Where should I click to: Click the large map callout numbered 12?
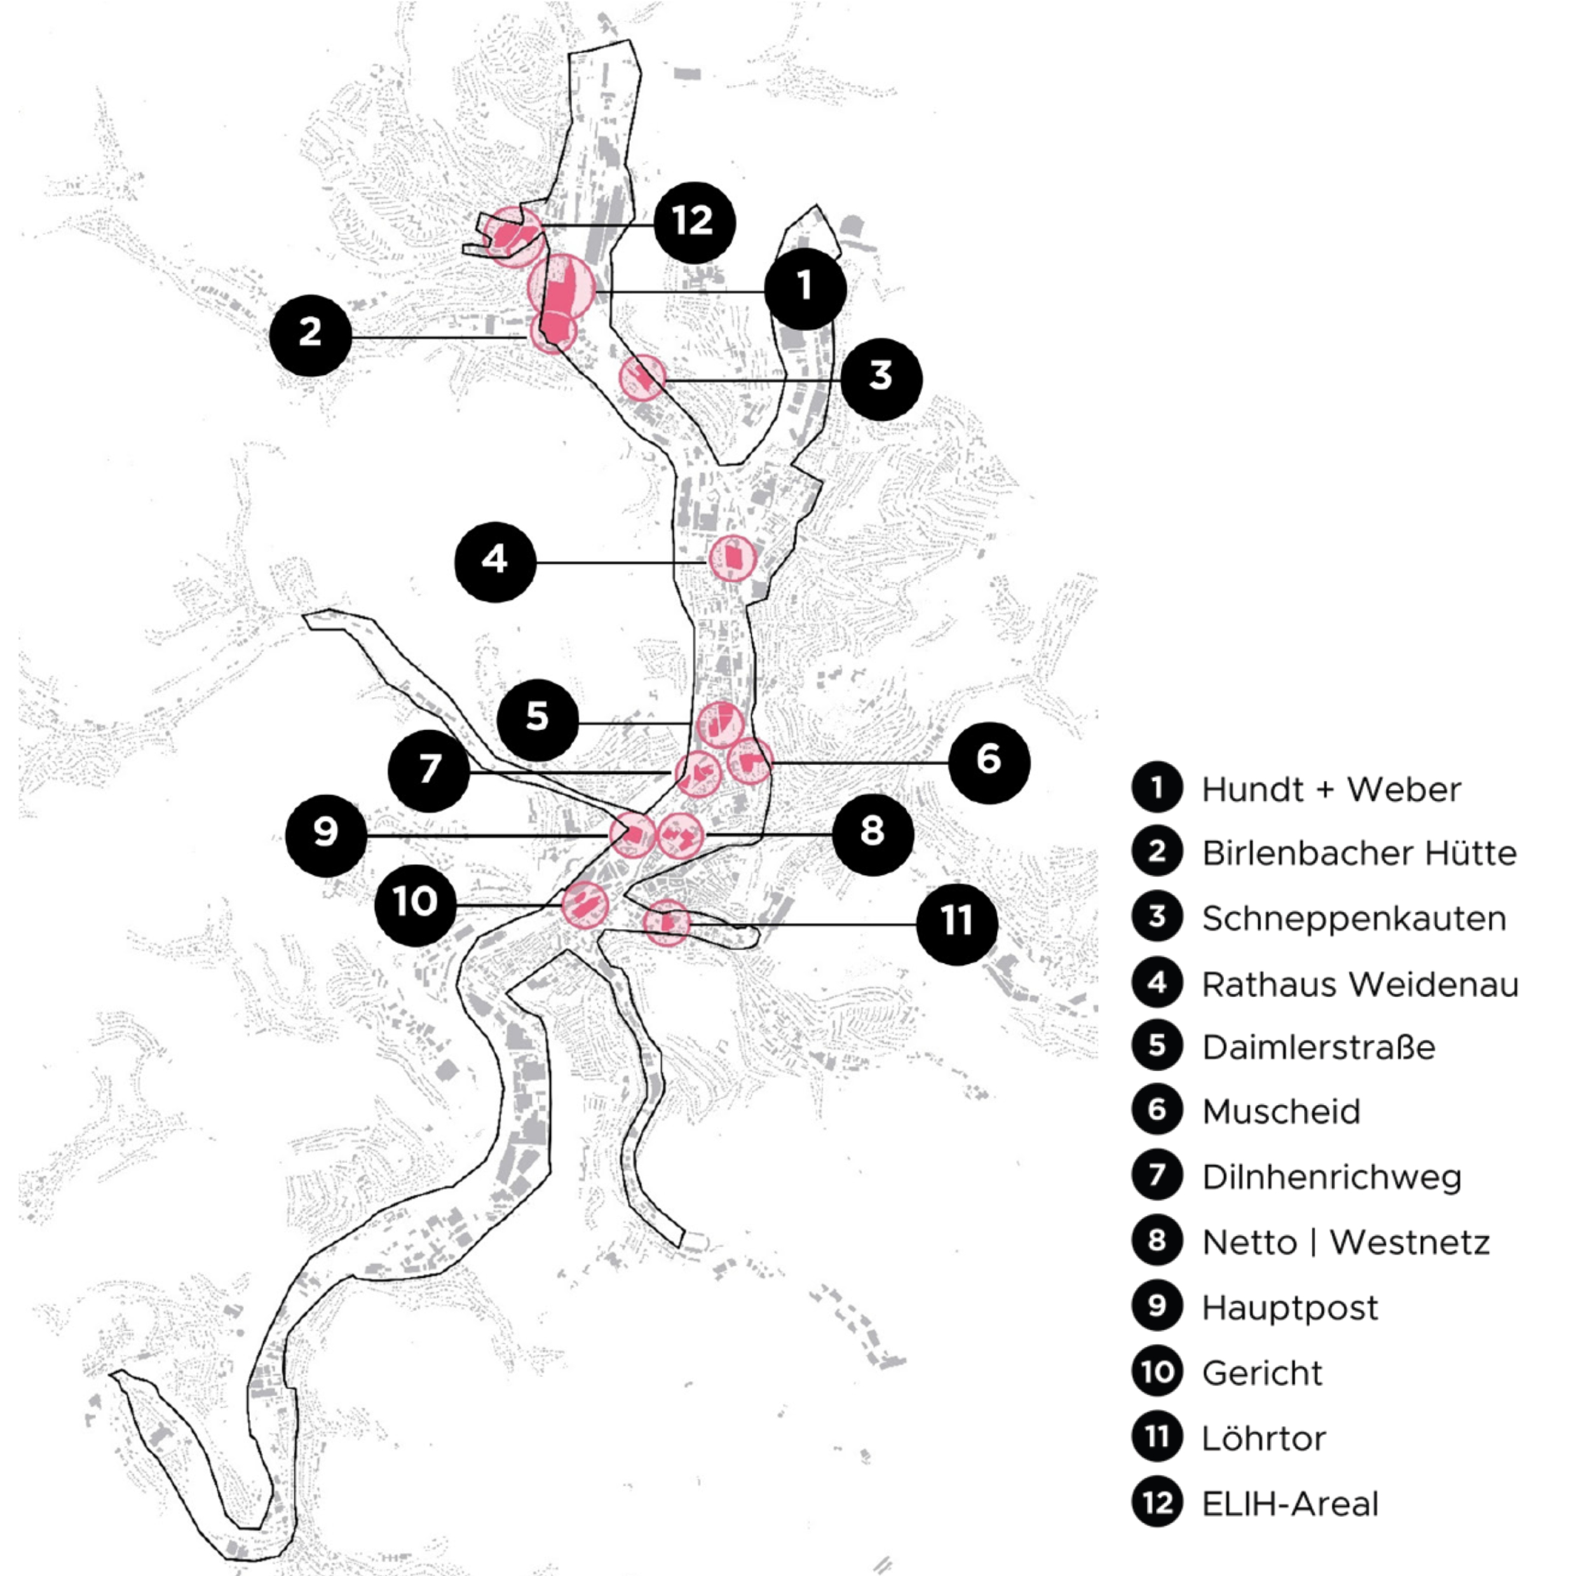point(694,222)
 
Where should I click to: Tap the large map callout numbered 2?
point(311,334)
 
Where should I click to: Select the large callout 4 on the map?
point(495,562)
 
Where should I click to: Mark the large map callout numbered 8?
point(873,834)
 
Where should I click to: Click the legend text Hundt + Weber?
point(1331,790)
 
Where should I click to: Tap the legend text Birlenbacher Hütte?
point(1359,853)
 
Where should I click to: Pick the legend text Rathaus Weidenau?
point(1360,984)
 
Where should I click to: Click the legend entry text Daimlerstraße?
point(1318,1047)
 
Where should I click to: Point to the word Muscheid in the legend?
point(1280,1112)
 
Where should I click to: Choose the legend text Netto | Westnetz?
point(1346,1242)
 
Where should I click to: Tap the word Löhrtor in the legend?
point(1263,1438)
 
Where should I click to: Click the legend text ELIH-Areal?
point(1289,1504)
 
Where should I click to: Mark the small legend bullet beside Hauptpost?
point(1157,1306)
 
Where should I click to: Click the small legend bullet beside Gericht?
point(1157,1372)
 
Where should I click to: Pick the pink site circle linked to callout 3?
point(643,377)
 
